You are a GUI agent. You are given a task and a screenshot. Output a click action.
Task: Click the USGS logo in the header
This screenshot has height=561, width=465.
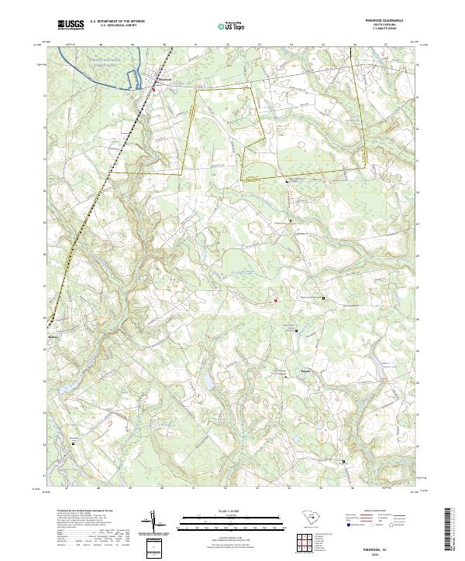pyautogui.click(x=71, y=26)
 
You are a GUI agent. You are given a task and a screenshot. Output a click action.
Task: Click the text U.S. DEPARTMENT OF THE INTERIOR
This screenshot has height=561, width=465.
pyautogui.click(x=117, y=22)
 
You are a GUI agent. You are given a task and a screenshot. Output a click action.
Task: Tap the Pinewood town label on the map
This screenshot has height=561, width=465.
pyautogui.click(x=164, y=78)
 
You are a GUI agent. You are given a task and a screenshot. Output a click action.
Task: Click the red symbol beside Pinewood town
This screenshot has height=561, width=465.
pyautogui.click(x=153, y=90)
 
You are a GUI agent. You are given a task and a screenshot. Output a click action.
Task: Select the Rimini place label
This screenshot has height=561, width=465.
pyautogui.click(x=53, y=337)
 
